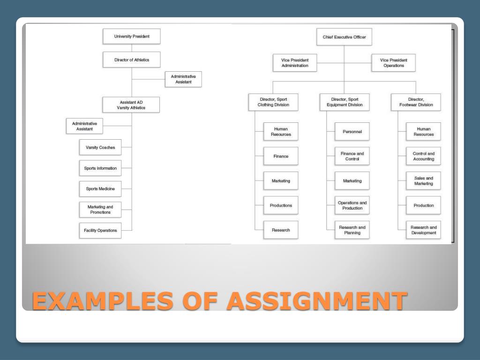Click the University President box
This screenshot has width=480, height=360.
pyautogui.click(x=132, y=36)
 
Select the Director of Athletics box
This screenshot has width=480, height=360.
pyautogui.click(x=132, y=60)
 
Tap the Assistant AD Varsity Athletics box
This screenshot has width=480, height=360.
pyautogui.click(x=131, y=105)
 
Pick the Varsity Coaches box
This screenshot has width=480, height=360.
pyautogui.click(x=100, y=147)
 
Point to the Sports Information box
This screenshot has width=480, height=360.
pyautogui.click(x=100, y=168)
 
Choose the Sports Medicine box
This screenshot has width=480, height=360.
pyautogui.click(x=100, y=188)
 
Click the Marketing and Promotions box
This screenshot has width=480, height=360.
pyautogui.click(x=100, y=210)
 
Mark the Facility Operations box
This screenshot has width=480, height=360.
pyautogui.click(x=100, y=230)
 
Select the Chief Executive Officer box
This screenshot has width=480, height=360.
pyautogui.click(x=344, y=37)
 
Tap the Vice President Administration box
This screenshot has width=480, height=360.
pyautogui.click(x=295, y=63)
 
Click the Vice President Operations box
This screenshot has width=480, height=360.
pyautogui.click(x=394, y=63)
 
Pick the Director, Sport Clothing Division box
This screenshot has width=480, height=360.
pyautogui.click(x=274, y=102)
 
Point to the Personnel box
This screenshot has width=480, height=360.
pyautogui.click(x=352, y=132)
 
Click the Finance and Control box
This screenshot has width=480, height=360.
pyautogui.click(x=352, y=156)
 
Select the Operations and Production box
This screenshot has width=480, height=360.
pyautogui.click(x=352, y=205)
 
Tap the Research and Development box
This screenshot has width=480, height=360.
pyautogui.click(x=424, y=230)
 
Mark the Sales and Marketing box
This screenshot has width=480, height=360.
pyautogui.click(x=424, y=181)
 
